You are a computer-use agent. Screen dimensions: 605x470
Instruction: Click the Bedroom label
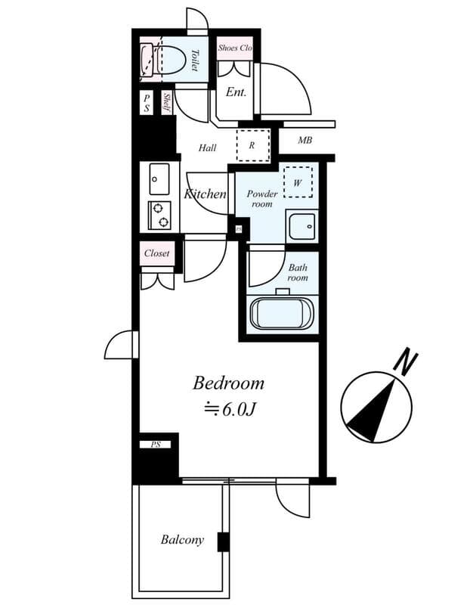(228, 383)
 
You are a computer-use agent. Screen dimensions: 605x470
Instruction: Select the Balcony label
(182, 540)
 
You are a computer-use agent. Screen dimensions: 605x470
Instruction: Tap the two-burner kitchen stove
(159, 215)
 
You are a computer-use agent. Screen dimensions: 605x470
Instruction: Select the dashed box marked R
(251, 144)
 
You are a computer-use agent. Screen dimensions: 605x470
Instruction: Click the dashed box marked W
(298, 182)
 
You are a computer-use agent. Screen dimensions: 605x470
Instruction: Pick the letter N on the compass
(408, 361)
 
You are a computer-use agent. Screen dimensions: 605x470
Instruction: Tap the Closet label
(157, 253)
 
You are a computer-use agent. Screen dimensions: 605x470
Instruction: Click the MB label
(305, 140)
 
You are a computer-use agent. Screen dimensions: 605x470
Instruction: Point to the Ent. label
(237, 93)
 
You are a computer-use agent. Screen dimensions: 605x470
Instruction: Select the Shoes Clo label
(234, 48)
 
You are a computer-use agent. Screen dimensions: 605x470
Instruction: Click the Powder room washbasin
(301, 225)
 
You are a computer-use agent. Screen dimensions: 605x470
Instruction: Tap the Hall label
(208, 148)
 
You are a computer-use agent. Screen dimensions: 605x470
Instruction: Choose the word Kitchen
(205, 194)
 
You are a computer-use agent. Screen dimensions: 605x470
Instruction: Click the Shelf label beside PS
(166, 103)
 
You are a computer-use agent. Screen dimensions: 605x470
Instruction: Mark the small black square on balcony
(223, 541)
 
